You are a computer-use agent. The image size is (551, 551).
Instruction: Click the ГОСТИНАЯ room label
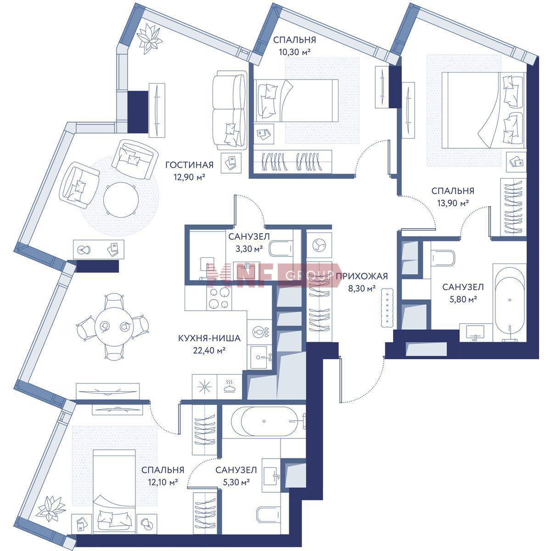pyautogui.click(x=189, y=165)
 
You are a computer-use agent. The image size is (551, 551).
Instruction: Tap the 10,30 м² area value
pyautogui.click(x=294, y=52)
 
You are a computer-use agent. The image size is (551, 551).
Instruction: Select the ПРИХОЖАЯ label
pyautogui.click(x=362, y=276)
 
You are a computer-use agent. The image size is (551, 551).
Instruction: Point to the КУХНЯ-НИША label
pyautogui.click(x=209, y=338)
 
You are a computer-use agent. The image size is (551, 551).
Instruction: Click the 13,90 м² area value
pyautogui.click(x=453, y=203)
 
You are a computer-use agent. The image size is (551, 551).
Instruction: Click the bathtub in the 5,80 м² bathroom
pyautogui.click(x=510, y=303)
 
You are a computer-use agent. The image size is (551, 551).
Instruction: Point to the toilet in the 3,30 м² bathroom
pyautogui.click(x=281, y=248)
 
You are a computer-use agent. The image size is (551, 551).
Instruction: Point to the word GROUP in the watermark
pyautogui.click(x=310, y=275)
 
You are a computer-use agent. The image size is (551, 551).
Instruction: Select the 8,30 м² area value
pyautogui.click(x=362, y=288)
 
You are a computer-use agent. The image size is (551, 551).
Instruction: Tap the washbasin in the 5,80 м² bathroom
pyautogui.click(x=475, y=332)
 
